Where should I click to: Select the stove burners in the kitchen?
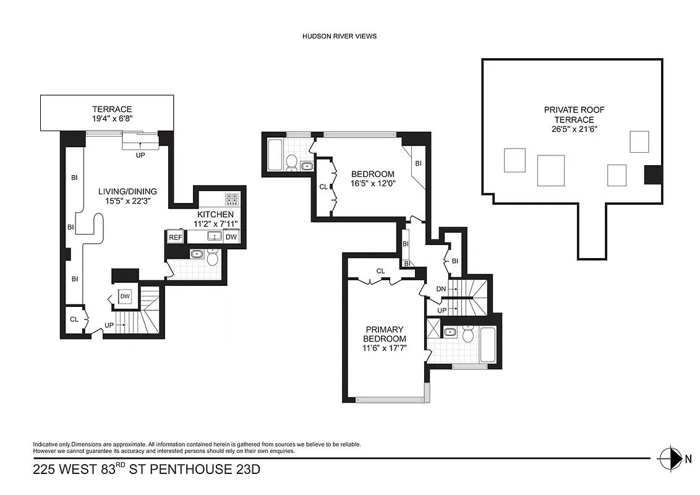point(233,199)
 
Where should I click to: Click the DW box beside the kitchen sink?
point(231,237)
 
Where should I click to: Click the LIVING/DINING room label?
point(128,191)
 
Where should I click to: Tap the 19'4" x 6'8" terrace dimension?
point(113,119)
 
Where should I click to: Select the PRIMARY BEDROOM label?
point(385,334)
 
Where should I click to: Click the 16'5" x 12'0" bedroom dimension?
point(372,184)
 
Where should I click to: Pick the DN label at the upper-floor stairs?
point(442,290)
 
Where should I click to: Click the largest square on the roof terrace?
point(550,170)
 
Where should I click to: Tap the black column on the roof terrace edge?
point(652,174)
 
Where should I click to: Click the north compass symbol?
point(669,458)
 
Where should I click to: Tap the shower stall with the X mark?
point(433,329)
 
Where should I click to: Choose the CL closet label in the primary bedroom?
point(380,271)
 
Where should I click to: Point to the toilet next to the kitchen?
point(212,257)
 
